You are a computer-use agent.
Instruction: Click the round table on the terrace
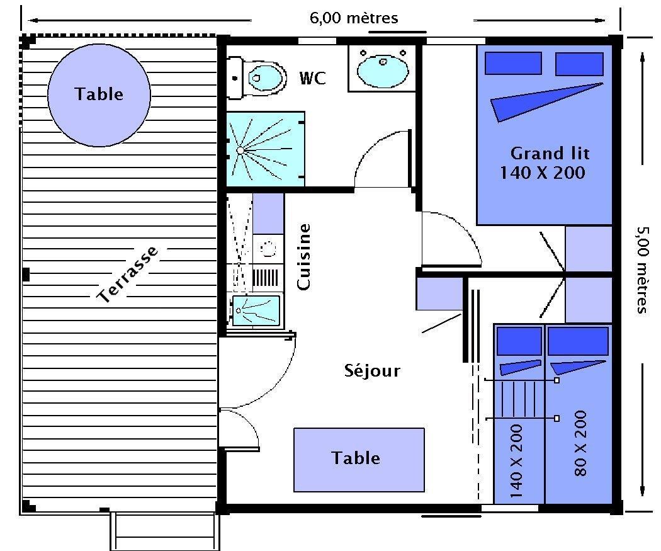(99, 95)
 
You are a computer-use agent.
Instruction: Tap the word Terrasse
(128, 274)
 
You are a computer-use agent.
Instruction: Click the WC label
(312, 78)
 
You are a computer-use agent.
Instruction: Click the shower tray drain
(240, 150)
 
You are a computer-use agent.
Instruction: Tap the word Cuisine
(304, 257)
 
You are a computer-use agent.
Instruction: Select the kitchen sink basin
(256, 310)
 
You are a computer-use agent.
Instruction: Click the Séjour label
(372, 370)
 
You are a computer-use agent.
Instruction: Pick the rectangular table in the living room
(359, 460)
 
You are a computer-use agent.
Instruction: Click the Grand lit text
(550, 153)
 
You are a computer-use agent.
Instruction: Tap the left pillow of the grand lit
(513, 63)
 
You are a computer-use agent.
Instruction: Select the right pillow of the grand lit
(579, 64)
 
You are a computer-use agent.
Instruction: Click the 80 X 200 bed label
(581, 443)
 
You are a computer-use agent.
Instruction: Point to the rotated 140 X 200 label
(516, 461)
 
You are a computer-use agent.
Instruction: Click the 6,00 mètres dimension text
(354, 18)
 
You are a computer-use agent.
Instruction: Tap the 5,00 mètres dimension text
(641, 270)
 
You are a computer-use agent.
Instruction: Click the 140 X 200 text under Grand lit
(543, 173)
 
